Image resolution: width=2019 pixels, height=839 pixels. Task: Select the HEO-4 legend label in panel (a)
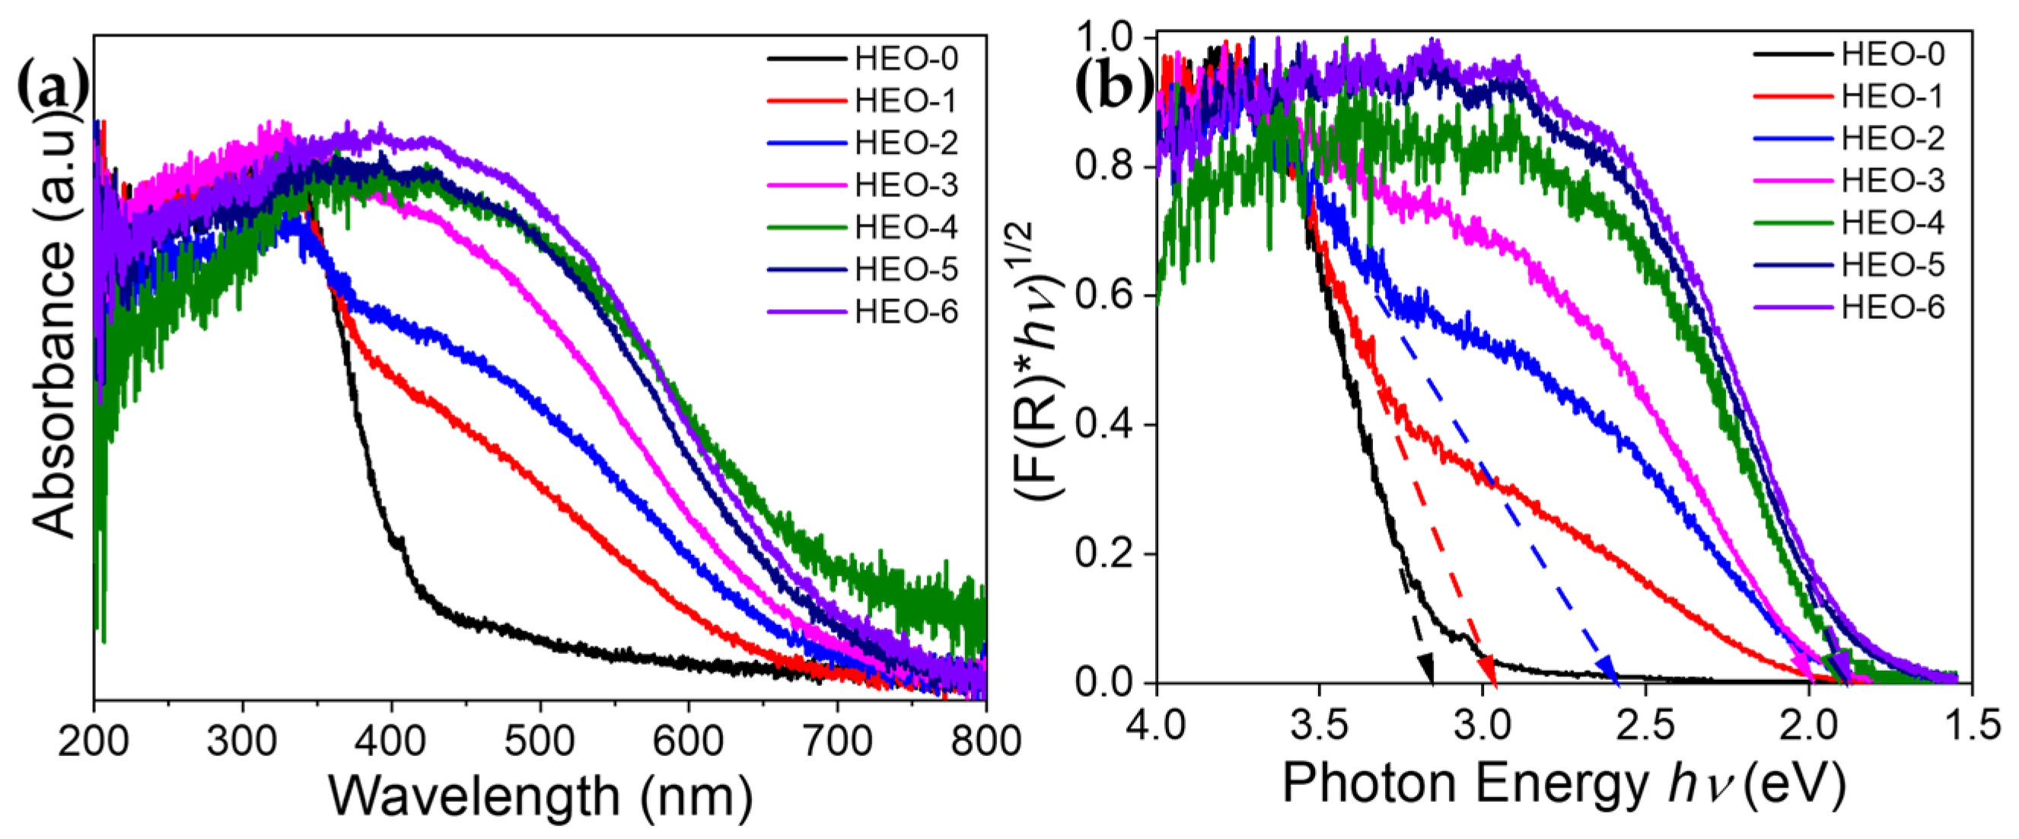click(906, 228)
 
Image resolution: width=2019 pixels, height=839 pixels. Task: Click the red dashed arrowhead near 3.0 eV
click(1488, 672)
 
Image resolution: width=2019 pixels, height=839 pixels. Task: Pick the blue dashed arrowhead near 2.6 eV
click(1608, 672)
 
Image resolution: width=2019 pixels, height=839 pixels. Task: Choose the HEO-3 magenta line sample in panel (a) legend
click(807, 186)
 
